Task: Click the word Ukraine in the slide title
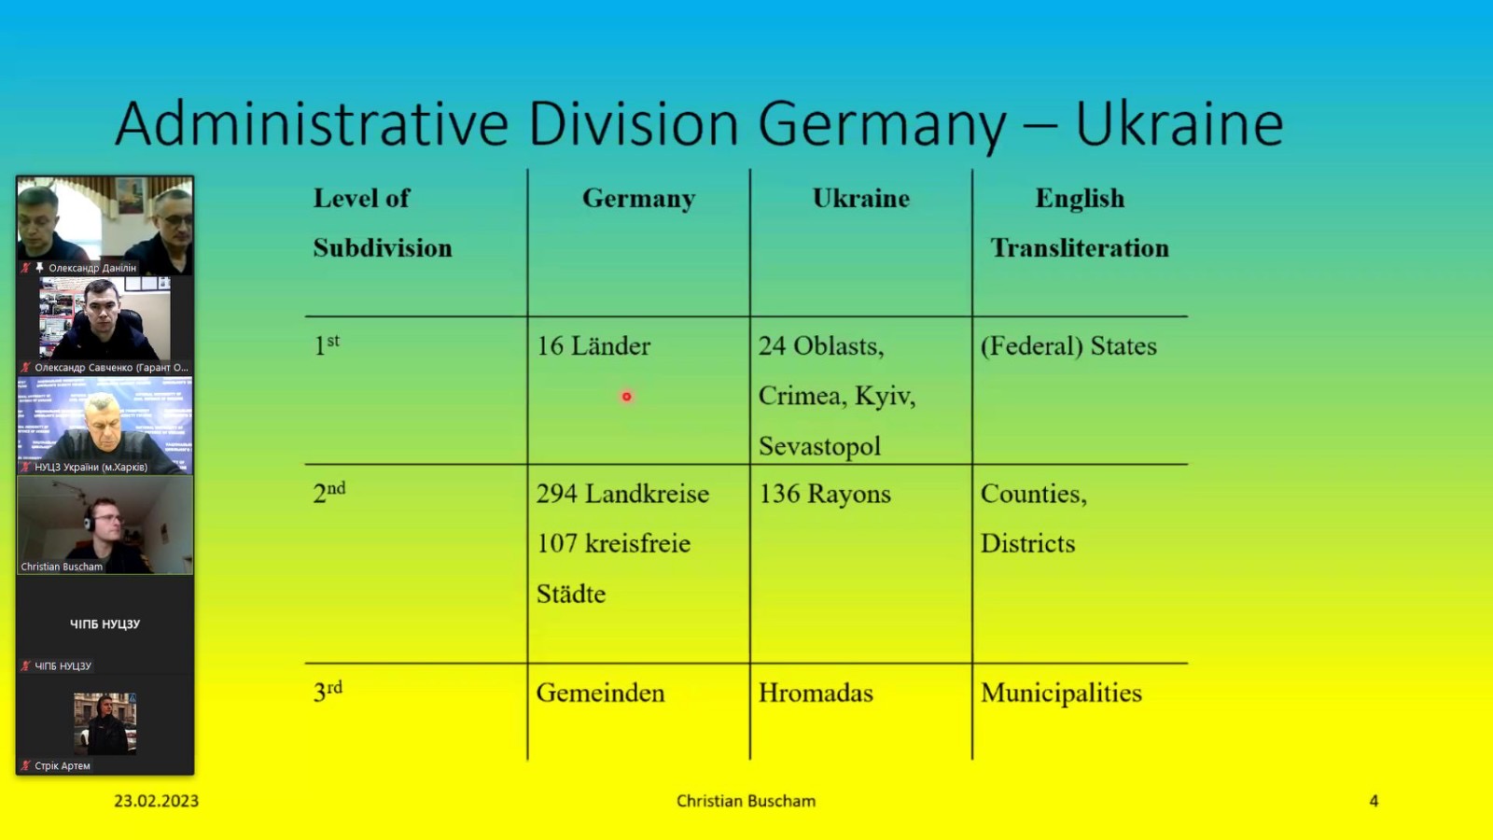1179,124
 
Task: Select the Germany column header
638,198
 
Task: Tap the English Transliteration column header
1080,223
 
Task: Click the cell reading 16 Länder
593,346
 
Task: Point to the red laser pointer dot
626,397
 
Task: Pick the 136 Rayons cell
825,494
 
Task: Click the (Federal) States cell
1068,346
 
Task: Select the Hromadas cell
816,693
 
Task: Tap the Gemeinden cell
601,693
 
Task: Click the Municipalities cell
1061,693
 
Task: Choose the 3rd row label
328,692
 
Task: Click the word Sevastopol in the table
820,446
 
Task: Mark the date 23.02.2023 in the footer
156,801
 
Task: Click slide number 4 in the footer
1374,801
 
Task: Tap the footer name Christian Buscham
746,801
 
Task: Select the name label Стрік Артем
62,765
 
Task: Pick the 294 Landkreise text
622,494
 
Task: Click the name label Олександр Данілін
92,267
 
